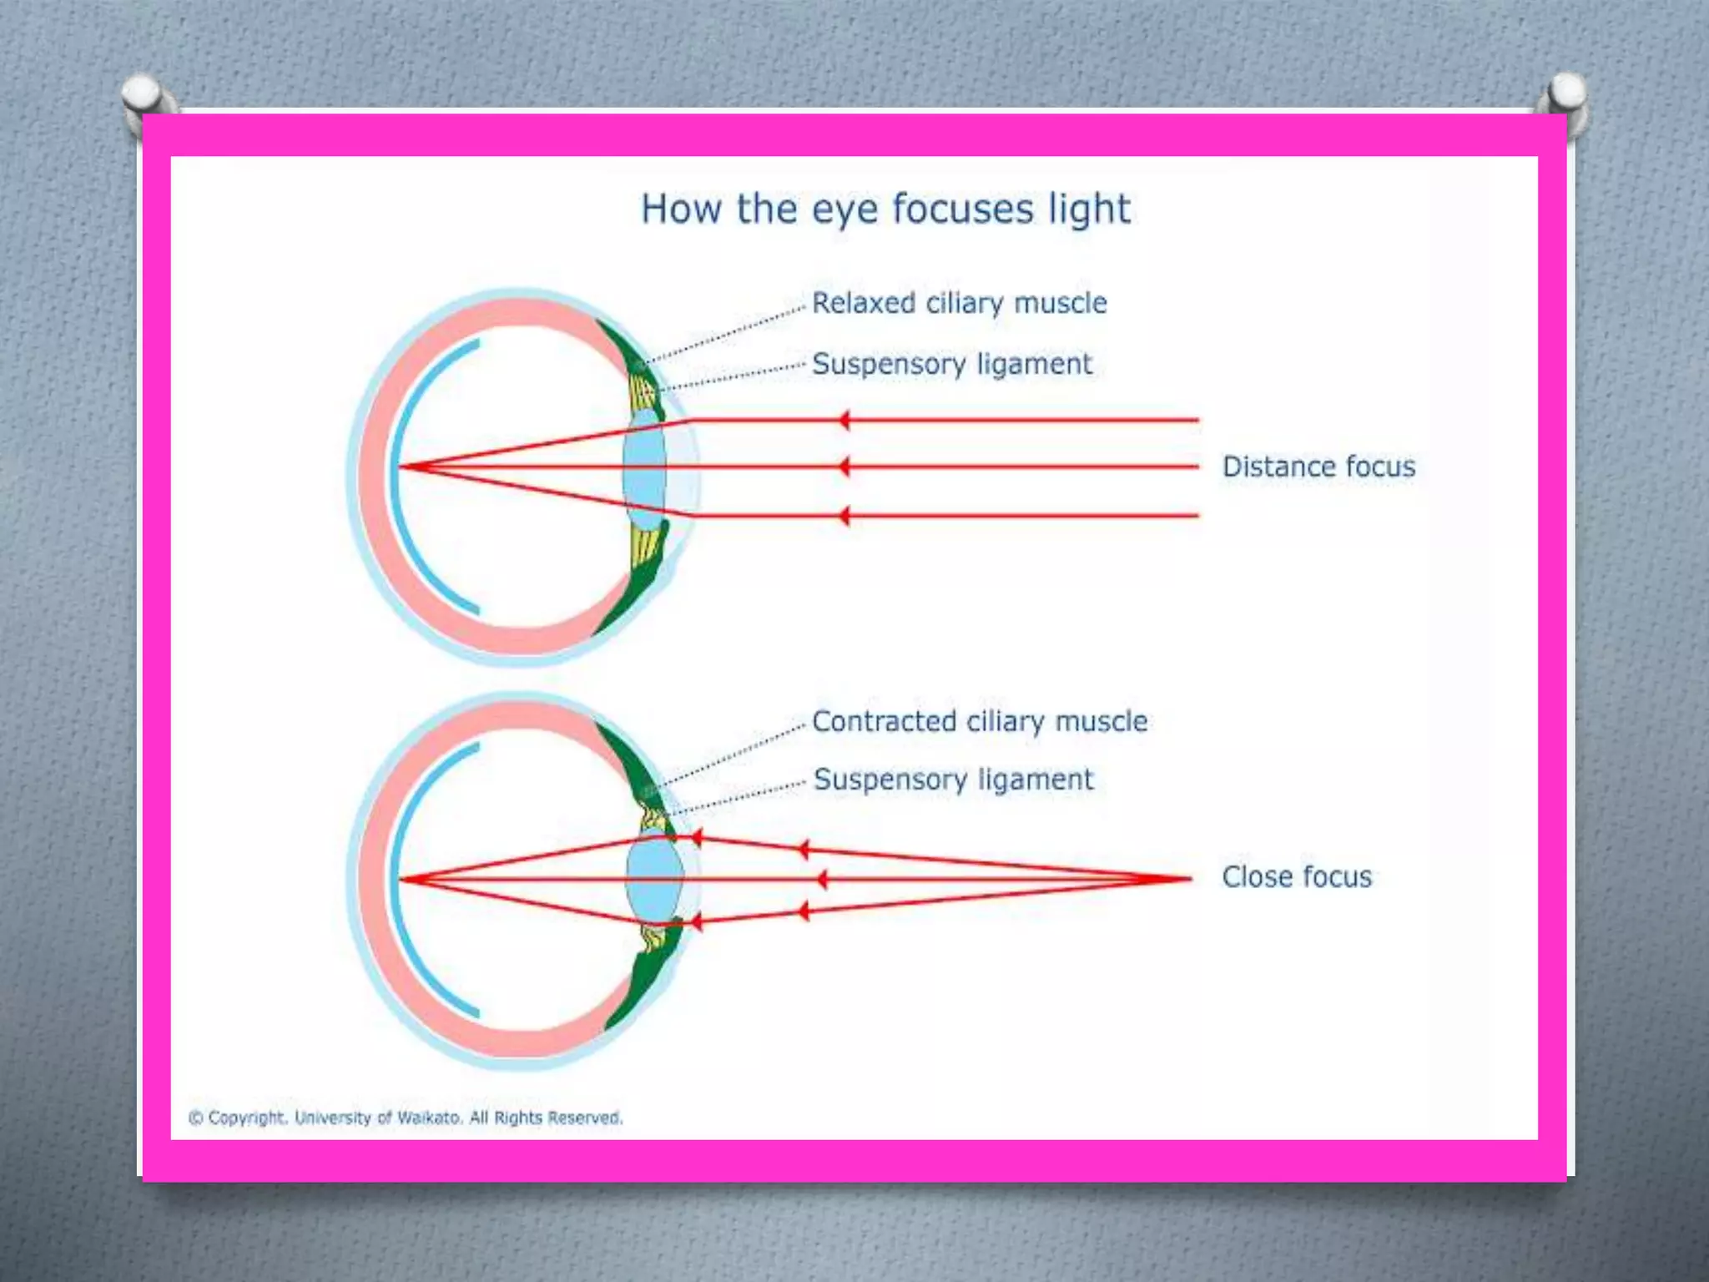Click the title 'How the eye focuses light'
(x=885, y=209)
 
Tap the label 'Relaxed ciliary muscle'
(x=959, y=303)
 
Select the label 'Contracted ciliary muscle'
(x=979, y=721)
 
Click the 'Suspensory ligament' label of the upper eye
(x=951, y=364)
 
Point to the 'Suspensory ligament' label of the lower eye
(x=953, y=780)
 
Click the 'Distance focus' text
(x=1318, y=467)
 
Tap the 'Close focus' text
(x=1297, y=877)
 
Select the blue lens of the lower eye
(x=654, y=880)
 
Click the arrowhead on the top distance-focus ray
(x=844, y=420)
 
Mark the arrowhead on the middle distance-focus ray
(x=844, y=467)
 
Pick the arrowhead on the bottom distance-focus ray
(x=844, y=516)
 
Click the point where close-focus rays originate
(x=1189, y=878)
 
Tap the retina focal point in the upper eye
(x=401, y=467)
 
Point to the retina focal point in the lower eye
(x=401, y=879)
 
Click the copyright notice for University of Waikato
(x=406, y=1118)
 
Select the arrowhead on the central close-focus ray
(x=822, y=879)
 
